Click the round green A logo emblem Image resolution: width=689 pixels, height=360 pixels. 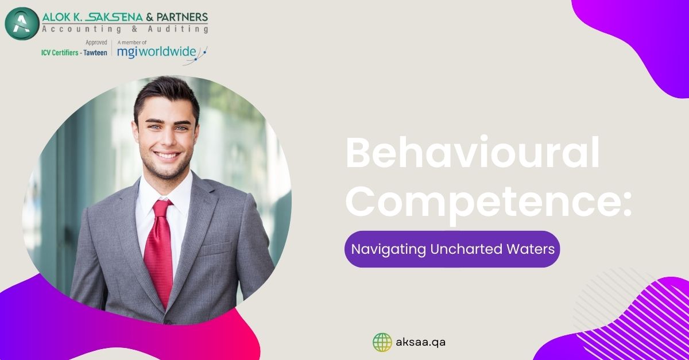click(22, 24)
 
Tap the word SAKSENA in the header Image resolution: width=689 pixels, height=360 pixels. click(113, 17)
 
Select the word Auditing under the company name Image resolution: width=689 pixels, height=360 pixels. click(178, 29)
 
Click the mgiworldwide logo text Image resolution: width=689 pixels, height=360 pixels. click(157, 52)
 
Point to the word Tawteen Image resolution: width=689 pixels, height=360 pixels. click(95, 53)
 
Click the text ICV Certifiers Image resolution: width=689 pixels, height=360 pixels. click(60, 53)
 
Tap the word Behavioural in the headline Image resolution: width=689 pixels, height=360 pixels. click(473, 153)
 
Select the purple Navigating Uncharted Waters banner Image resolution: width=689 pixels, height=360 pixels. click(452, 249)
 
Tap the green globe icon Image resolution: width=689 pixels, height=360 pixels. click(382, 342)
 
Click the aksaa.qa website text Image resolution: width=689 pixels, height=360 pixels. click(420, 342)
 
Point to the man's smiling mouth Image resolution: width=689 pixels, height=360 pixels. click(167, 155)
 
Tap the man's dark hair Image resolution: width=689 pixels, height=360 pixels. click(166, 95)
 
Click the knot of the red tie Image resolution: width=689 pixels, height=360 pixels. click(162, 208)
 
